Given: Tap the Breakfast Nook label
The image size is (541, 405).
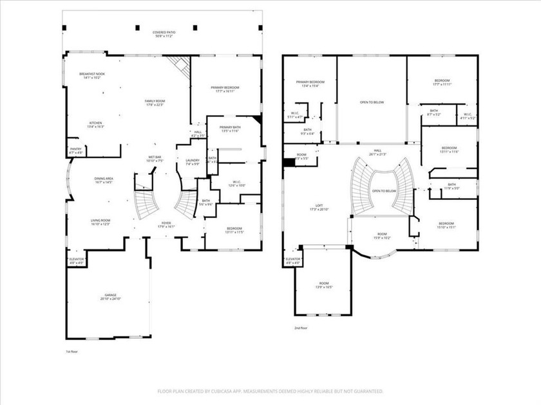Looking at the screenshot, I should pos(93,75).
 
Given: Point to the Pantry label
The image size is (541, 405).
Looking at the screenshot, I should pos(76,150).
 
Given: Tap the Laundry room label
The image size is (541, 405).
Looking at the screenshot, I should pos(193,162).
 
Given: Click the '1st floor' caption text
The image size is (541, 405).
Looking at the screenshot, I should pos(71,352).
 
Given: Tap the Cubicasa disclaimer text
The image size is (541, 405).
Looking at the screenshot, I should pos(270,390).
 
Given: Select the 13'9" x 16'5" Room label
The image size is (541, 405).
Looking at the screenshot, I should pos(323,285).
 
